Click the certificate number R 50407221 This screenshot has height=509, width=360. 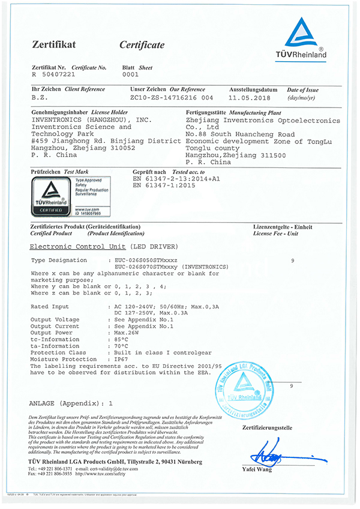[53, 76]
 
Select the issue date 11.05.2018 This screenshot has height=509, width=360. [250, 97]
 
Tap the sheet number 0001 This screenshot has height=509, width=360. [130, 76]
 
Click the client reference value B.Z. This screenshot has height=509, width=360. [39, 97]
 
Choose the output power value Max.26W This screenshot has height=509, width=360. [126, 332]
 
